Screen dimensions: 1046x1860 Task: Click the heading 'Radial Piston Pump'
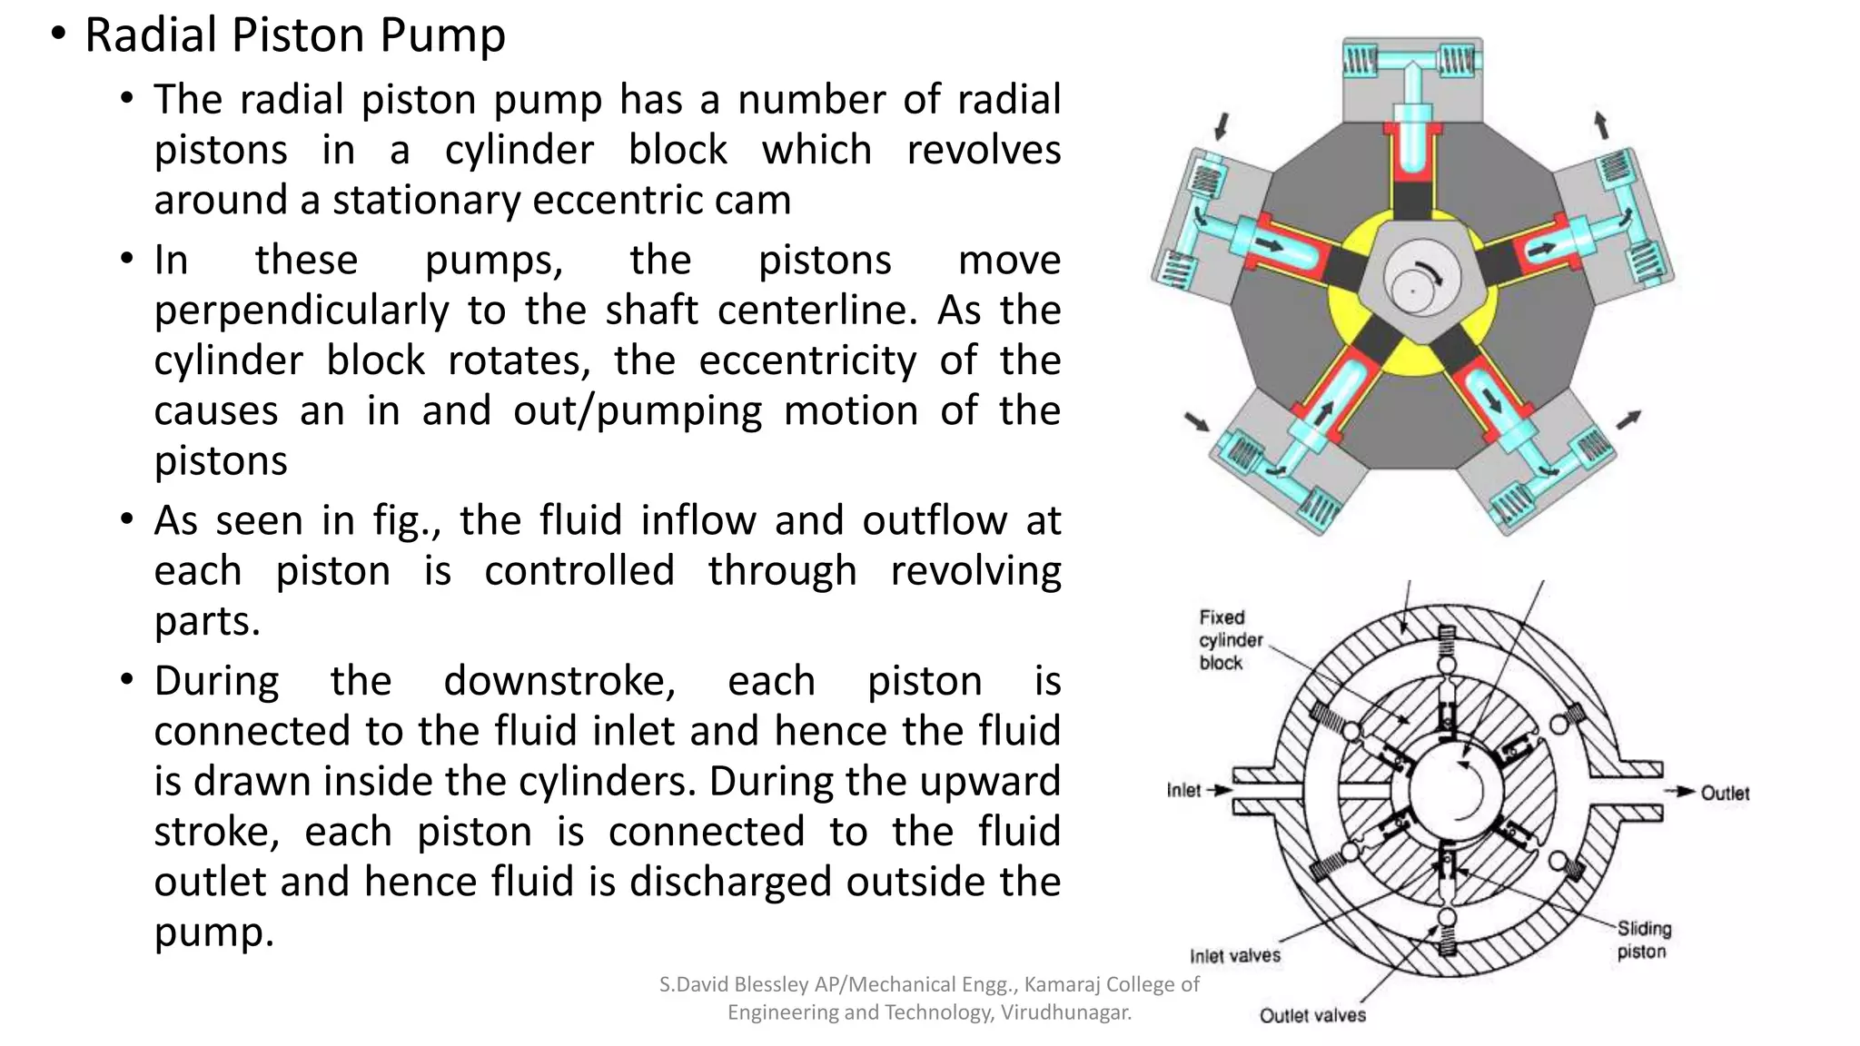[x=294, y=36]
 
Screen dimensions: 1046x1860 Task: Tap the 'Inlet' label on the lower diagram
[x=1183, y=791]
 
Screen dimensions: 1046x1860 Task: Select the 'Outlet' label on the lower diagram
[x=1724, y=794]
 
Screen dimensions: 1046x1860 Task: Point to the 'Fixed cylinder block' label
[x=1230, y=640]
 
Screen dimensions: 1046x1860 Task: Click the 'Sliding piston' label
[x=1643, y=940]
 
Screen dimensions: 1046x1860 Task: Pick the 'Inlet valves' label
[x=1234, y=956]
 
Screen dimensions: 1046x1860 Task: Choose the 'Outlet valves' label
[x=1311, y=1015]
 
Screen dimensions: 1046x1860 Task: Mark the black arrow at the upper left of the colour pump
[x=1222, y=125]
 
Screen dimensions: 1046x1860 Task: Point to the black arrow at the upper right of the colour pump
[x=1602, y=124]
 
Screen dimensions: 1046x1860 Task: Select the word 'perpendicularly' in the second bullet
[x=301, y=311]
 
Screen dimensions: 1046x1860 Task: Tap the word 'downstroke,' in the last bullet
[x=559, y=682]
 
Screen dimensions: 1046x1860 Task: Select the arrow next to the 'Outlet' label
[x=1680, y=792]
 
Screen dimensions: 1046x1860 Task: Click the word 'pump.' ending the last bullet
[x=213, y=933]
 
